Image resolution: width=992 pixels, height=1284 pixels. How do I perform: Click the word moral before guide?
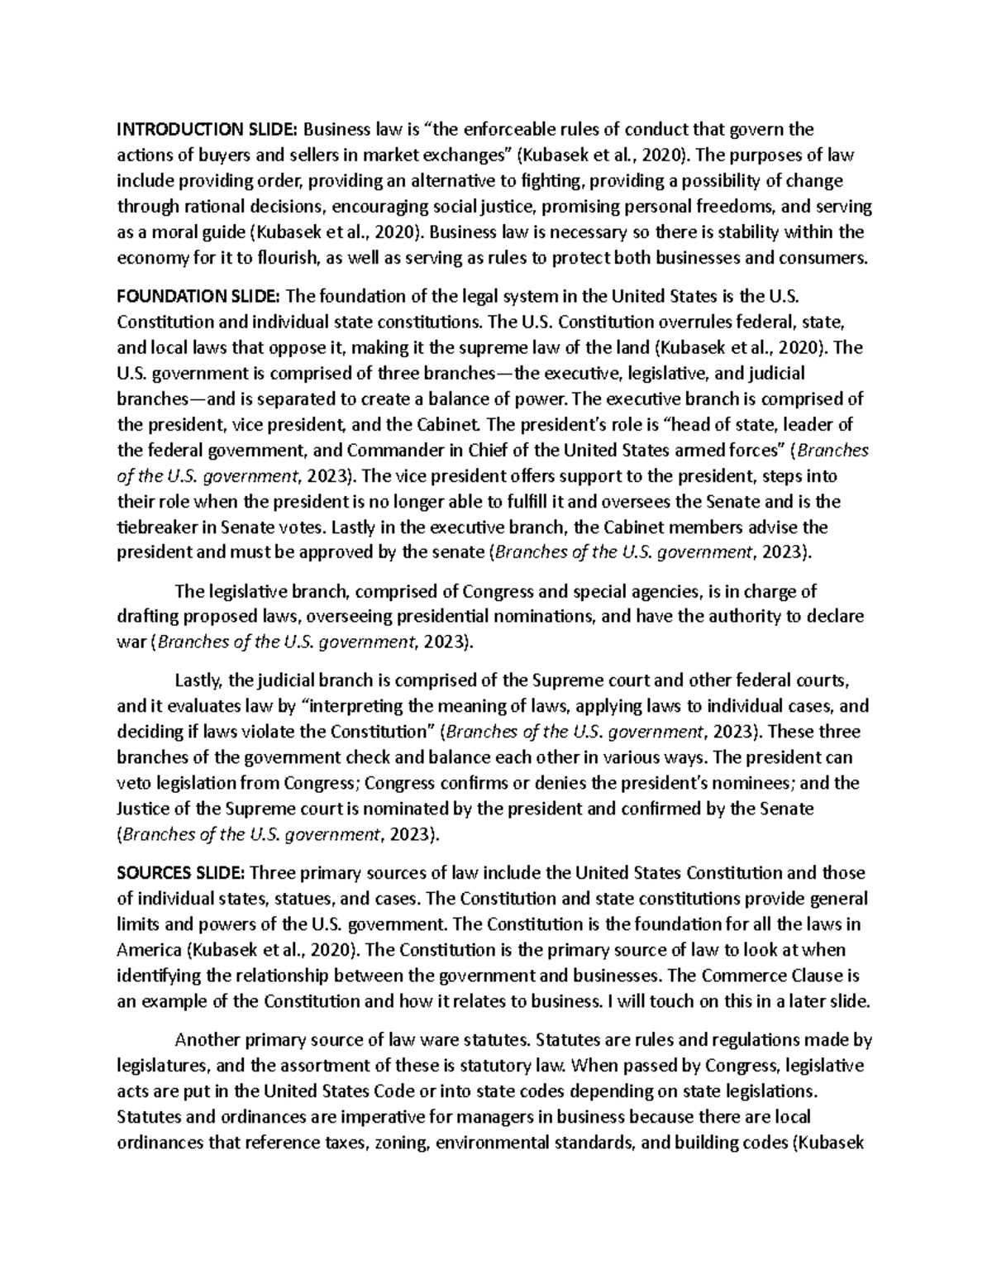[x=170, y=232]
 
